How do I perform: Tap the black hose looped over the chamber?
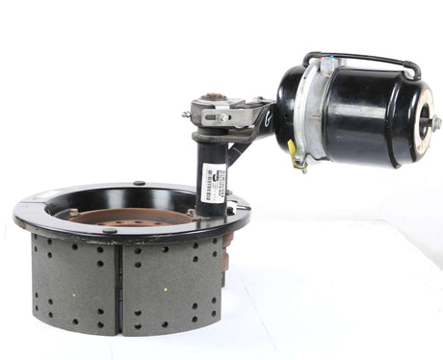tap(361, 58)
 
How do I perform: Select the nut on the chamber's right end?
tap(434, 122)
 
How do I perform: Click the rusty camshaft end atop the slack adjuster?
tap(213, 95)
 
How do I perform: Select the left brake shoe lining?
tap(74, 284)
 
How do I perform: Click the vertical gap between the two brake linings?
tap(119, 289)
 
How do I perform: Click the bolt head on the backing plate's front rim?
tap(108, 229)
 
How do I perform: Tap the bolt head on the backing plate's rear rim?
tap(139, 183)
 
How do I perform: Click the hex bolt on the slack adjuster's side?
tap(222, 117)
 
